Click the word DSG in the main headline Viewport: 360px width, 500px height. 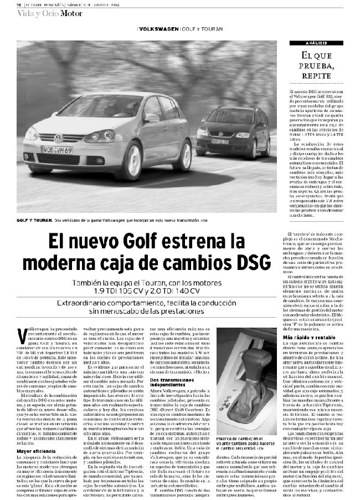(x=243, y=261)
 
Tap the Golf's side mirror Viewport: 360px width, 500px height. (x=151, y=118)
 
